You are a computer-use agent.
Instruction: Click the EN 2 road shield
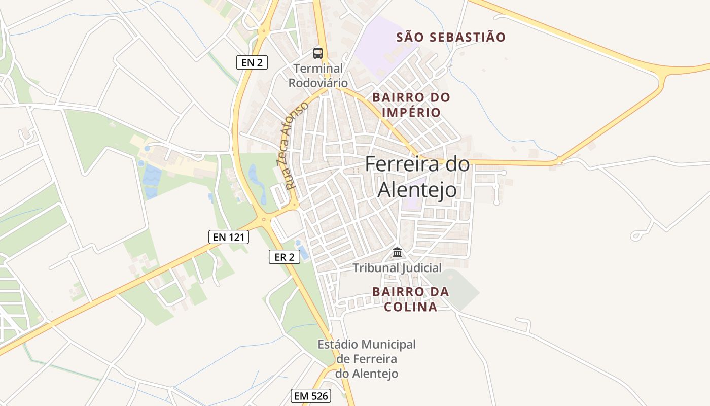click(252, 62)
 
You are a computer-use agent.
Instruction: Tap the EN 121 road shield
click(228, 236)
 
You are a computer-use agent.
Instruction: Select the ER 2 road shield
click(284, 257)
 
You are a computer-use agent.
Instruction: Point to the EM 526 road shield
click(311, 396)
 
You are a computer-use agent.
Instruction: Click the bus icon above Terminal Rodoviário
click(318, 53)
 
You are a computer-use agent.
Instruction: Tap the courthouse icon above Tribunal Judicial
click(397, 252)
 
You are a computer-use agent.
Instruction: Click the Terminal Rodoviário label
click(318, 75)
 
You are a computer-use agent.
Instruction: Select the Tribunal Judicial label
click(397, 267)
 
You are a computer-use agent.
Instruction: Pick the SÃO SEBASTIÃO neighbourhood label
click(451, 37)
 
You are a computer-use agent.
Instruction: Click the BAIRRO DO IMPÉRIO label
click(411, 105)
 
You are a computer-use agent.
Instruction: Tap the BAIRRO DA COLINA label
click(411, 299)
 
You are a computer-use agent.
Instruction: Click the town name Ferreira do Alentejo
click(417, 177)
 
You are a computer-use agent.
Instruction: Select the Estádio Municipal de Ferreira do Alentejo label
click(367, 359)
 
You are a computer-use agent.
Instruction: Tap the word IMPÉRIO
click(411, 112)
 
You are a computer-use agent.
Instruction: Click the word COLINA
click(411, 307)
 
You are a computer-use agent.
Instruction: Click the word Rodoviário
click(318, 83)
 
